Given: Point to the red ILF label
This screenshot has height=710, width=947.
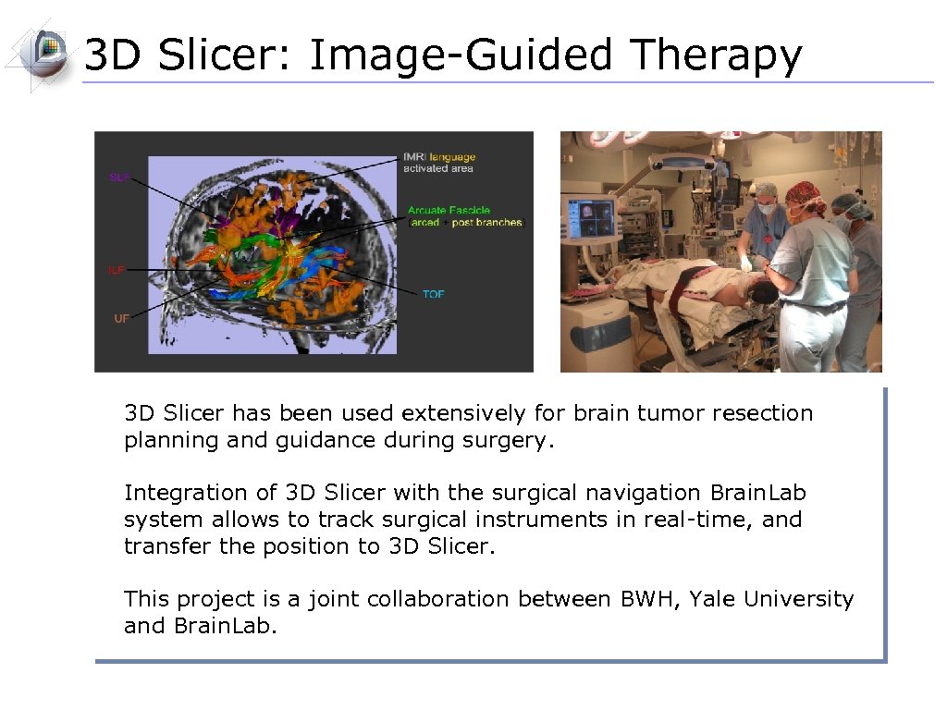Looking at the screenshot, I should coord(117,270).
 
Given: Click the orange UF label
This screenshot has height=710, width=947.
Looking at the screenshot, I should coord(121,317).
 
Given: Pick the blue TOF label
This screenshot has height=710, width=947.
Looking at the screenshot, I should coord(433,294).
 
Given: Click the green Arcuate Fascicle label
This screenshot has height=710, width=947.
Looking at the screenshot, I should coord(449,211).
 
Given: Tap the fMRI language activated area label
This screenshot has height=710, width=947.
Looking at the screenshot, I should coord(438,163).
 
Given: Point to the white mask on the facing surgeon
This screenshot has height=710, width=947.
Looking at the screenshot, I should coord(767,209).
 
